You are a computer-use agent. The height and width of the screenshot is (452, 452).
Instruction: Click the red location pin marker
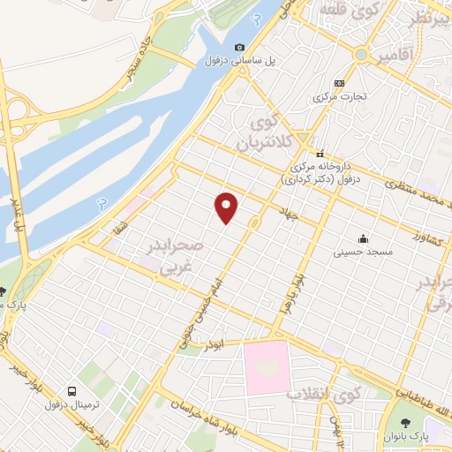click(227, 207)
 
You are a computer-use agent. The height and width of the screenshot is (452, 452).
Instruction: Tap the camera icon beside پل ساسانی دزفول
click(238, 48)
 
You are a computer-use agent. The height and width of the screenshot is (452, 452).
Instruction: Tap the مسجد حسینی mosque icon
click(362, 238)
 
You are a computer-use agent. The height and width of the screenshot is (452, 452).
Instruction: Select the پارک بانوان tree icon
click(404, 423)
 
